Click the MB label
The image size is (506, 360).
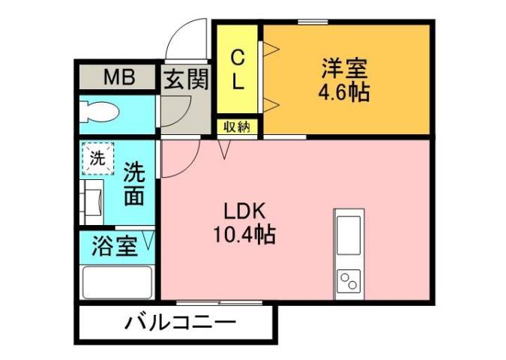pos(118,76)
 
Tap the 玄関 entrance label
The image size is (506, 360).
pos(185,79)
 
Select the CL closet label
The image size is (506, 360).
pos(238,70)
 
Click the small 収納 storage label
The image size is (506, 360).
pos(238,127)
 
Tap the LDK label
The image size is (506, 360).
pos(243,211)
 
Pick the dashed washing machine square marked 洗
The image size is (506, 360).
pos(98,158)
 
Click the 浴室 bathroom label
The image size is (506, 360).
pos(114,247)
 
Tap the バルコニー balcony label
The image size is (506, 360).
pos(180,324)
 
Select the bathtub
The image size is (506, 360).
pos(117,283)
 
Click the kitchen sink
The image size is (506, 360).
pos(349,235)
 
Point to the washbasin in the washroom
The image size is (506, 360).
pos(94,200)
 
